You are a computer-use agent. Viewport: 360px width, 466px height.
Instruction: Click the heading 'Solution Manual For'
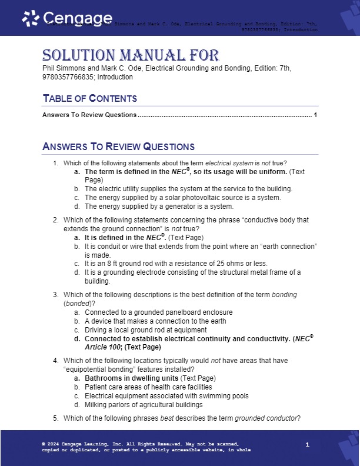coord(131,56)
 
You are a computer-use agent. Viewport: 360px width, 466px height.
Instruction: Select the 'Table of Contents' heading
coord(89,98)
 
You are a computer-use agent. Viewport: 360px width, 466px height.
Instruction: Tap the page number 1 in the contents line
coord(316,115)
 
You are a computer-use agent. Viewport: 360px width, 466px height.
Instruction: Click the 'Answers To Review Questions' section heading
coord(118,147)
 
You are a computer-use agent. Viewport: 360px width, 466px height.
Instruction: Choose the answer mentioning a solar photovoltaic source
coord(182,198)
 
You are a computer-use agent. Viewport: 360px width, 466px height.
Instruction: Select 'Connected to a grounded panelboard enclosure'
coord(158,312)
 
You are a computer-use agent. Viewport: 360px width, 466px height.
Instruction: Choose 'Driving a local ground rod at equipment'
coord(148,329)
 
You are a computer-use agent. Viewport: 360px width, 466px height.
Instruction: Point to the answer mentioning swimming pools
coord(166,396)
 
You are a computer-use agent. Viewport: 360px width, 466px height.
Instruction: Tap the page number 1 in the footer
coord(308,444)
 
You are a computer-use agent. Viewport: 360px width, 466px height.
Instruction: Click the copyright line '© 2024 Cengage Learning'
coord(85,443)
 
